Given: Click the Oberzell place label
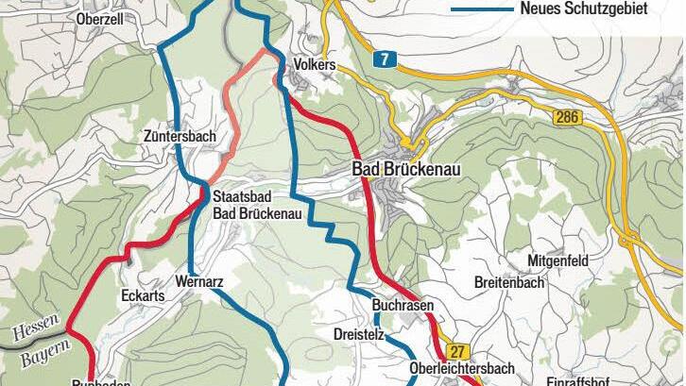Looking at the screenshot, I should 100,18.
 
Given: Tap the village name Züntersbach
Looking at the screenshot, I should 180,137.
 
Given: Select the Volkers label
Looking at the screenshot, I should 315,65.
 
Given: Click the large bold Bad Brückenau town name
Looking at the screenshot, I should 411,170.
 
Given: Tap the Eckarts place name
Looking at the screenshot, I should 144,295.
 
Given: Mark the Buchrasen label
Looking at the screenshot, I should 403,307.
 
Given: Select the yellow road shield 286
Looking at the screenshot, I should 566,116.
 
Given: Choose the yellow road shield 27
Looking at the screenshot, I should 458,350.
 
